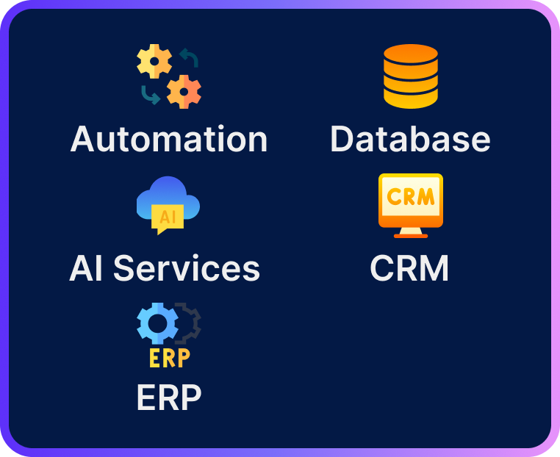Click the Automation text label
[169, 139]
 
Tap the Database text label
[410, 139]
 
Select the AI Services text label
[165, 268]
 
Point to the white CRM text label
[409, 268]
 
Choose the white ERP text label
[168, 397]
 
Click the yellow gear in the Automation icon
[154, 62]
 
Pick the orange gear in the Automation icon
[184, 91]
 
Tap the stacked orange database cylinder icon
[410, 76]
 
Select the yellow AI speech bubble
[166, 219]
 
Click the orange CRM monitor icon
[410, 201]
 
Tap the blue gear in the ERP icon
[157, 323]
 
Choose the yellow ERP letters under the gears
[169, 357]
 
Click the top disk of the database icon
[410, 56]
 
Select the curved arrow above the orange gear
[190, 58]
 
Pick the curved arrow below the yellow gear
[150, 95]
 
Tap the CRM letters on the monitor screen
[410, 197]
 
